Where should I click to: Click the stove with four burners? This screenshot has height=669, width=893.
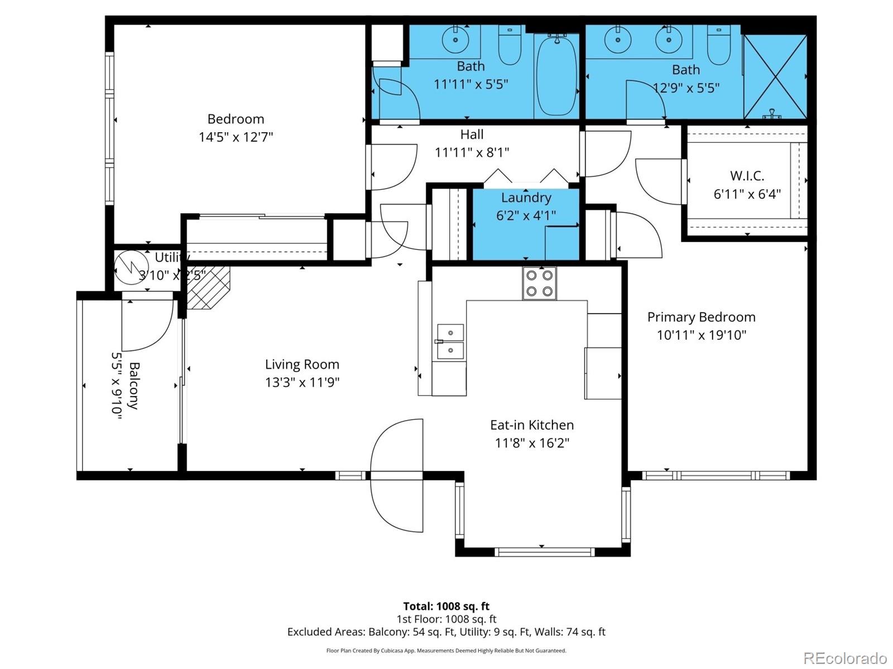click(x=539, y=283)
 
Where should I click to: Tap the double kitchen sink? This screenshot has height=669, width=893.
click(x=450, y=341)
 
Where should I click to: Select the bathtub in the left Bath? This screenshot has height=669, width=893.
click(x=556, y=75)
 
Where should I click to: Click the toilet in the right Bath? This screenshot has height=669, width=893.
click(x=719, y=46)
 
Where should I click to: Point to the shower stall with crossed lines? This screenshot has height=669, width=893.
click(x=775, y=76)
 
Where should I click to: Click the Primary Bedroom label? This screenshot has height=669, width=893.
click(x=701, y=317)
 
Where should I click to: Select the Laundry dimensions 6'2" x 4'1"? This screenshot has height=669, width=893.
click(x=526, y=215)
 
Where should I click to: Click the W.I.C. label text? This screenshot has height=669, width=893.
click(x=747, y=176)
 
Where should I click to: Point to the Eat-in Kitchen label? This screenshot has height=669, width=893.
click(x=531, y=425)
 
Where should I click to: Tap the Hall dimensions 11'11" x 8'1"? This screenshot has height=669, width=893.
click(x=472, y=152)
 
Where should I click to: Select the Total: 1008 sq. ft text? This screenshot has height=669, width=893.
click(x=446, y=606)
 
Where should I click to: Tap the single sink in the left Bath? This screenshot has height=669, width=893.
click(x=455, y=40)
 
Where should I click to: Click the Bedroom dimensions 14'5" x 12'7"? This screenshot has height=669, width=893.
click(x=236, y=137)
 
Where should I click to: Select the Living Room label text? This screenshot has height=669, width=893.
click(x=302, y=364)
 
